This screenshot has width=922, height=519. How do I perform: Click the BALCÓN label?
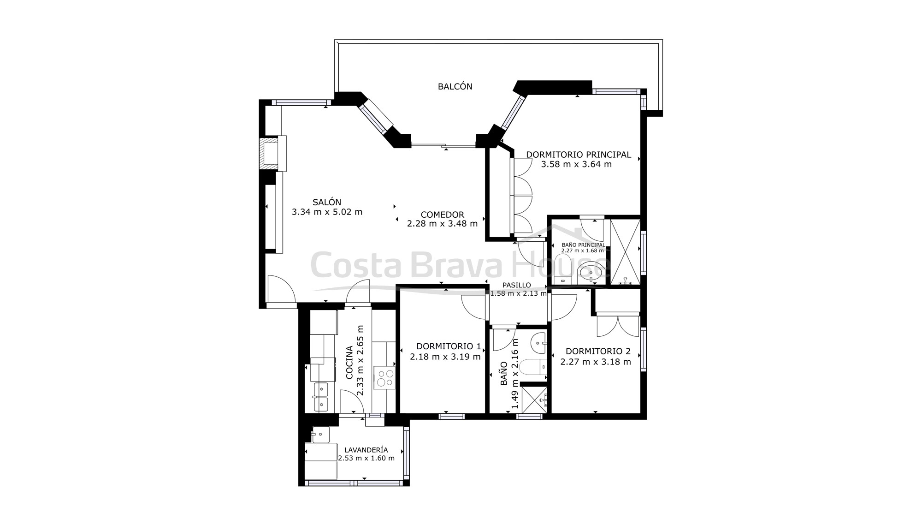pos(455,86)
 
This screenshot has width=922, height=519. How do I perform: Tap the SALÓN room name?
pos(327,202)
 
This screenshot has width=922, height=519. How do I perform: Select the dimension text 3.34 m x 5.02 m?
pos(327,212)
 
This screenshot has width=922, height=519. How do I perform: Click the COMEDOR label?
pos(442,215)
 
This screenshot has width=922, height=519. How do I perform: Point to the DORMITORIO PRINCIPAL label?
pos(579,155)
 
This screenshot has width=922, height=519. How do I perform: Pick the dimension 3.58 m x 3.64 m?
pos(576,164)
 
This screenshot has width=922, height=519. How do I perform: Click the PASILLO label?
pos(517,285)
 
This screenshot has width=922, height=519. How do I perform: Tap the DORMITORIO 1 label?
pos(449,346)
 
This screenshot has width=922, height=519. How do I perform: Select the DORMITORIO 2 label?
pos(598,351)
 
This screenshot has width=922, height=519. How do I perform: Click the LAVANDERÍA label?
pos(366,450)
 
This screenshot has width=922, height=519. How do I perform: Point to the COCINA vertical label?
pos(349,363)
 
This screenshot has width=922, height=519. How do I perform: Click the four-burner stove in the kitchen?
pos(384,377)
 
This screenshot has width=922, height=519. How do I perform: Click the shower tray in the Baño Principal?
pos(625,252)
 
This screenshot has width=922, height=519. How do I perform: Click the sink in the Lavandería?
pos(321,435)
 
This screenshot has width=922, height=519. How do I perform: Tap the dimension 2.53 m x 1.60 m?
pos(366,458)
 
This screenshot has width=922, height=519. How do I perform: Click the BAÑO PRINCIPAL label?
pos(583,245)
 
